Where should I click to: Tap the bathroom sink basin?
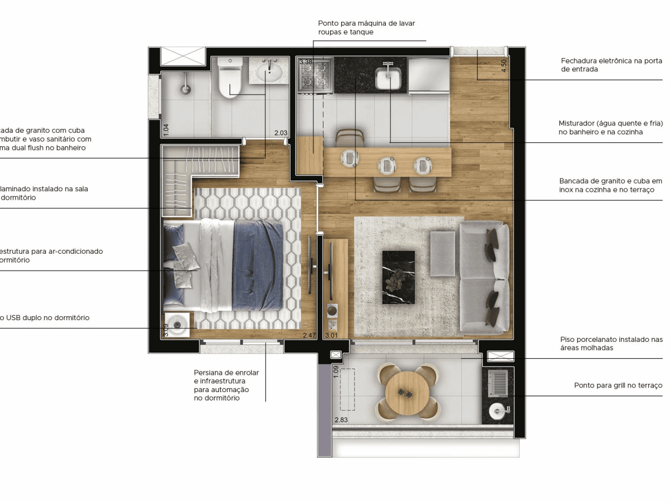coord(270,71)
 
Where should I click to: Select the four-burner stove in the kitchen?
coord(315,75)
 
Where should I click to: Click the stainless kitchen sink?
coord(388,78)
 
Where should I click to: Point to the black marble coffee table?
coord(398,277)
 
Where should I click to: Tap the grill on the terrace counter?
coord(498,384)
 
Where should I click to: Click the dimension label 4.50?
coord(504,66)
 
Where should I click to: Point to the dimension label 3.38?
coord(306,62)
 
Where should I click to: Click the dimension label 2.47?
coord(309,335)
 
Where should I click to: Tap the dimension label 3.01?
coord(332,335)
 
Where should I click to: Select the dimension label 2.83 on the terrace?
coord(341,419)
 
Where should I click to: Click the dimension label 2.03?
coord(280,133)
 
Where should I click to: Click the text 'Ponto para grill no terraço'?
coord(618,385)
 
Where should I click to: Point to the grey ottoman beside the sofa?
coord(443,254)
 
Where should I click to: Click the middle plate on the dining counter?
coord(387,164)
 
